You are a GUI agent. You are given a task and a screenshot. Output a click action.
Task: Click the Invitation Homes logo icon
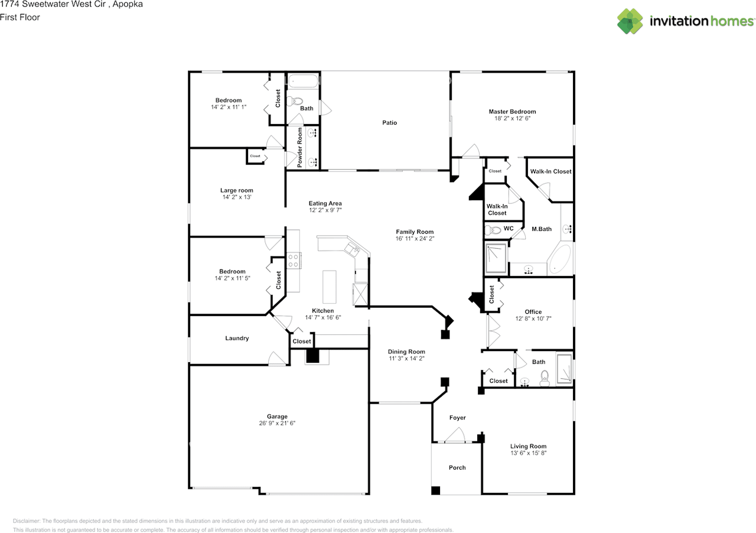click(x=630, y=21)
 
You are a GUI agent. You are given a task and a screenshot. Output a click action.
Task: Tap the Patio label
click(x=389, y=123)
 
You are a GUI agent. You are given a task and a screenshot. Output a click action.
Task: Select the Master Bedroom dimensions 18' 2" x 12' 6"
click(x=512, y=118)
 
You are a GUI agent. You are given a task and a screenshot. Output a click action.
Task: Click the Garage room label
click(x=276, y=417)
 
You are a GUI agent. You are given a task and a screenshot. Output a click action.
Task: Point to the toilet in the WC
click(x=493, y=230)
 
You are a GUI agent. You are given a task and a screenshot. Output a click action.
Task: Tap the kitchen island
click(x=329, y=287)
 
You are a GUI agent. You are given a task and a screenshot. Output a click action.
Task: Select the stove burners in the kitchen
click(x=294, y=260)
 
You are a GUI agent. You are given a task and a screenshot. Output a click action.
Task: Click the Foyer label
click(x=457, y=418)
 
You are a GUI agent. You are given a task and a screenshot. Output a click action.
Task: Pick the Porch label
click(x=457, y=467)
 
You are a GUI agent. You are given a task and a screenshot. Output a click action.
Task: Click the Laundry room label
click(x=237, y=339)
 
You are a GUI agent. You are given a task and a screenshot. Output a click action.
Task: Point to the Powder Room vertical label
click(x=300, y=147)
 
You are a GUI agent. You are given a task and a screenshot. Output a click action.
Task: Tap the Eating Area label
click(x=325, y=203)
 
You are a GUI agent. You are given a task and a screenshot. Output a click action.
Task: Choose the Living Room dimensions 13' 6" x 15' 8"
click(x=528, y=453)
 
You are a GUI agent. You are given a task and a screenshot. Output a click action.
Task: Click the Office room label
click(x=533, y=312)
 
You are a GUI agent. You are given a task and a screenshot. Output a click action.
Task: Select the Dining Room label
click(x=406, y=352)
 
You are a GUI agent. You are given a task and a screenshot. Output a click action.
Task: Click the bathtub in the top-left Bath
click(x=304, y=81)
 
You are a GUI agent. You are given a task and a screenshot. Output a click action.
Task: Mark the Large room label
click(x=236, y=190)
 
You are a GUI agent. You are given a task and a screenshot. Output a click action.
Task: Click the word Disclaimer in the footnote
click(x=27, y=521)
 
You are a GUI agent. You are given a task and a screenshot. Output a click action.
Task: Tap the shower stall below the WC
click(x=496, y=259)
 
